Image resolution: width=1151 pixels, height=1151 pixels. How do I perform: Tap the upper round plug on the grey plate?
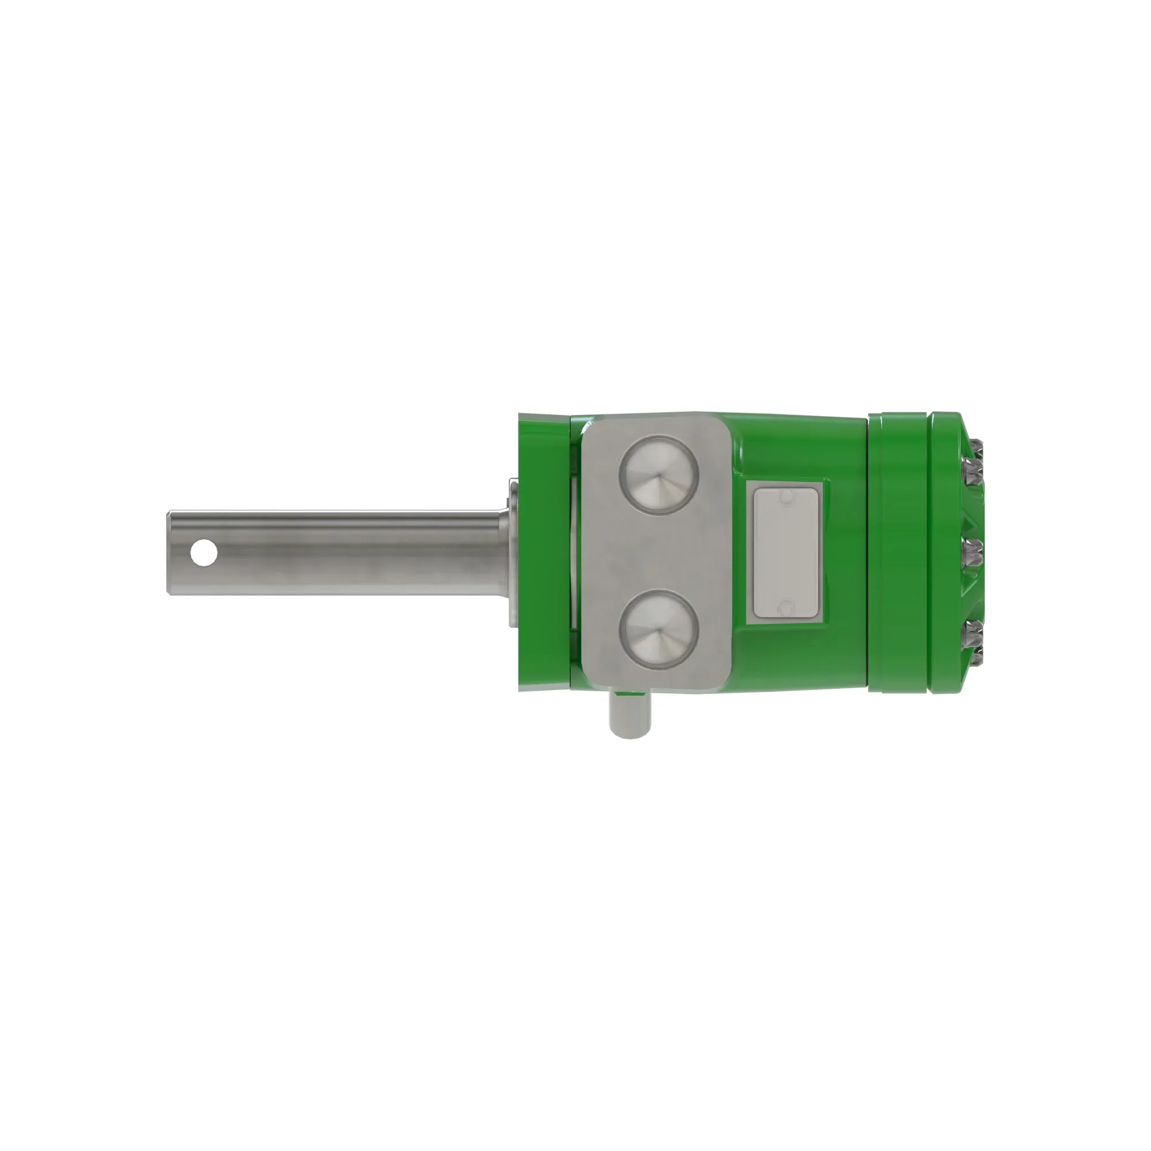[658, 475]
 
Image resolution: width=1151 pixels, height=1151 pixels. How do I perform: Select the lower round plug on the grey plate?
[658, 630]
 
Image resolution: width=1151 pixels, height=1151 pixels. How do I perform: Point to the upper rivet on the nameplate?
[786, 496]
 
